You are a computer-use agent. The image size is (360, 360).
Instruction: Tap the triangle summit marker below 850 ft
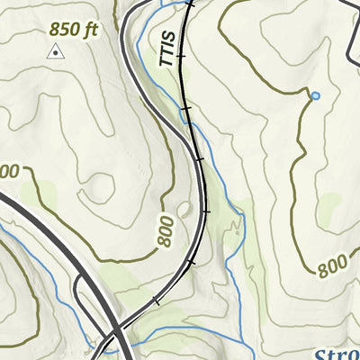(x=56, y=53)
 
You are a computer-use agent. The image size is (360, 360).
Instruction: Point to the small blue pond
(x=315, y=94)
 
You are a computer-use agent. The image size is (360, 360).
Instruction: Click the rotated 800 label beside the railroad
(x=166, y=230)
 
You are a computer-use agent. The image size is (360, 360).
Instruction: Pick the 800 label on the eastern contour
(x=332, y=265)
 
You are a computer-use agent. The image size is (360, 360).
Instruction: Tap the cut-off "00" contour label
(x=8, y=171)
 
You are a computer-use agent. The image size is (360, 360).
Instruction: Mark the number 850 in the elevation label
(x=64, y=30)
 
